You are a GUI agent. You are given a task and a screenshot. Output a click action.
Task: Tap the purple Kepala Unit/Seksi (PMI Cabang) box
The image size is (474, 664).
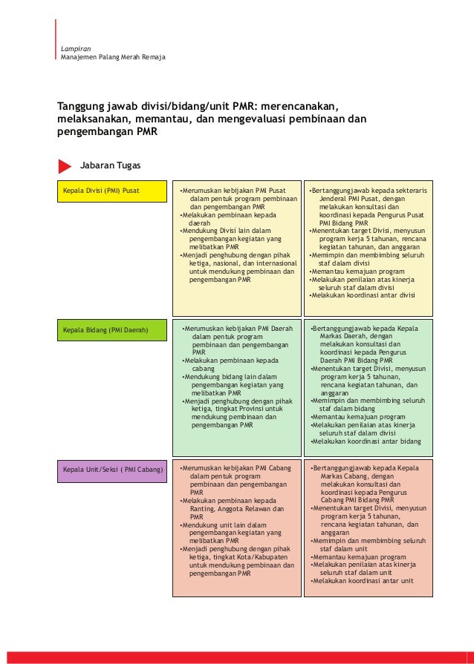point(113,470)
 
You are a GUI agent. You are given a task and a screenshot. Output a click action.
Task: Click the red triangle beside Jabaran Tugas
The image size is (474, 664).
point(65,165)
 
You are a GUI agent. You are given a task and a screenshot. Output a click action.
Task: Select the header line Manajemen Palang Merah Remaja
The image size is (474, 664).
point(113,57)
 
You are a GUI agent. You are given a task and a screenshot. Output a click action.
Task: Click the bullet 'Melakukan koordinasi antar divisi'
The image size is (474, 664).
point(362,295)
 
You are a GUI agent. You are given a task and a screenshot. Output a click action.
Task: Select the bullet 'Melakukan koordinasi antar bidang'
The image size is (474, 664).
point(365,441)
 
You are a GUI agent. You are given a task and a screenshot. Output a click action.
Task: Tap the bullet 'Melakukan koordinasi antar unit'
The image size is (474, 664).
point(362,581)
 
